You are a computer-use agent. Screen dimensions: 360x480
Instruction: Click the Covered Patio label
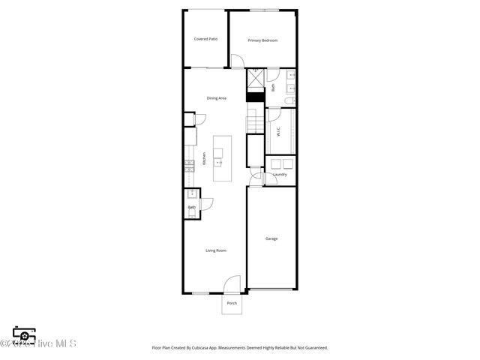pyautogui.click(x=205, y=39)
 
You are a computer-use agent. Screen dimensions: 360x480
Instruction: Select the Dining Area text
pyautogui.click(x=217, y=98)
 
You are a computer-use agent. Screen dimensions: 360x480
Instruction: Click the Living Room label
pyautogui.click(x=216, y=250)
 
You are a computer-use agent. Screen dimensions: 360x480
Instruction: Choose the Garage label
pyautogui.click(x=271, y=238)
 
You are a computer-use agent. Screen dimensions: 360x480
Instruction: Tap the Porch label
pyautogui.click(x=232, y=303)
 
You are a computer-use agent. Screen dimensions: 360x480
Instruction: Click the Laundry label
pyautogui.click(x=280, y=175)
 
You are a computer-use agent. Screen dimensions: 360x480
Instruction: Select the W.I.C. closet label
pyautogui.click(x=278, y=131)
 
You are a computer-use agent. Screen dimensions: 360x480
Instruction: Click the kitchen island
pyautogui.click(x=223, y=158)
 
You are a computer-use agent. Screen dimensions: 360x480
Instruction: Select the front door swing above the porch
pyautogui.click(x=233, y=284)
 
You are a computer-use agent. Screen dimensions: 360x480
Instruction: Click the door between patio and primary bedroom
pyautogui.click(x=237, y=62)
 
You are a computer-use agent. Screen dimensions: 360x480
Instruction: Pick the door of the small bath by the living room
pyautogui.click(x=206, y=203)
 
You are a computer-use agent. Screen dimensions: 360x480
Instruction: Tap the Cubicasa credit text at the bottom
pyautogui.click(x=239, y=347)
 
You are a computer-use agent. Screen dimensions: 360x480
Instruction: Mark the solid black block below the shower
pyautogui.click(x=256, y=96)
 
